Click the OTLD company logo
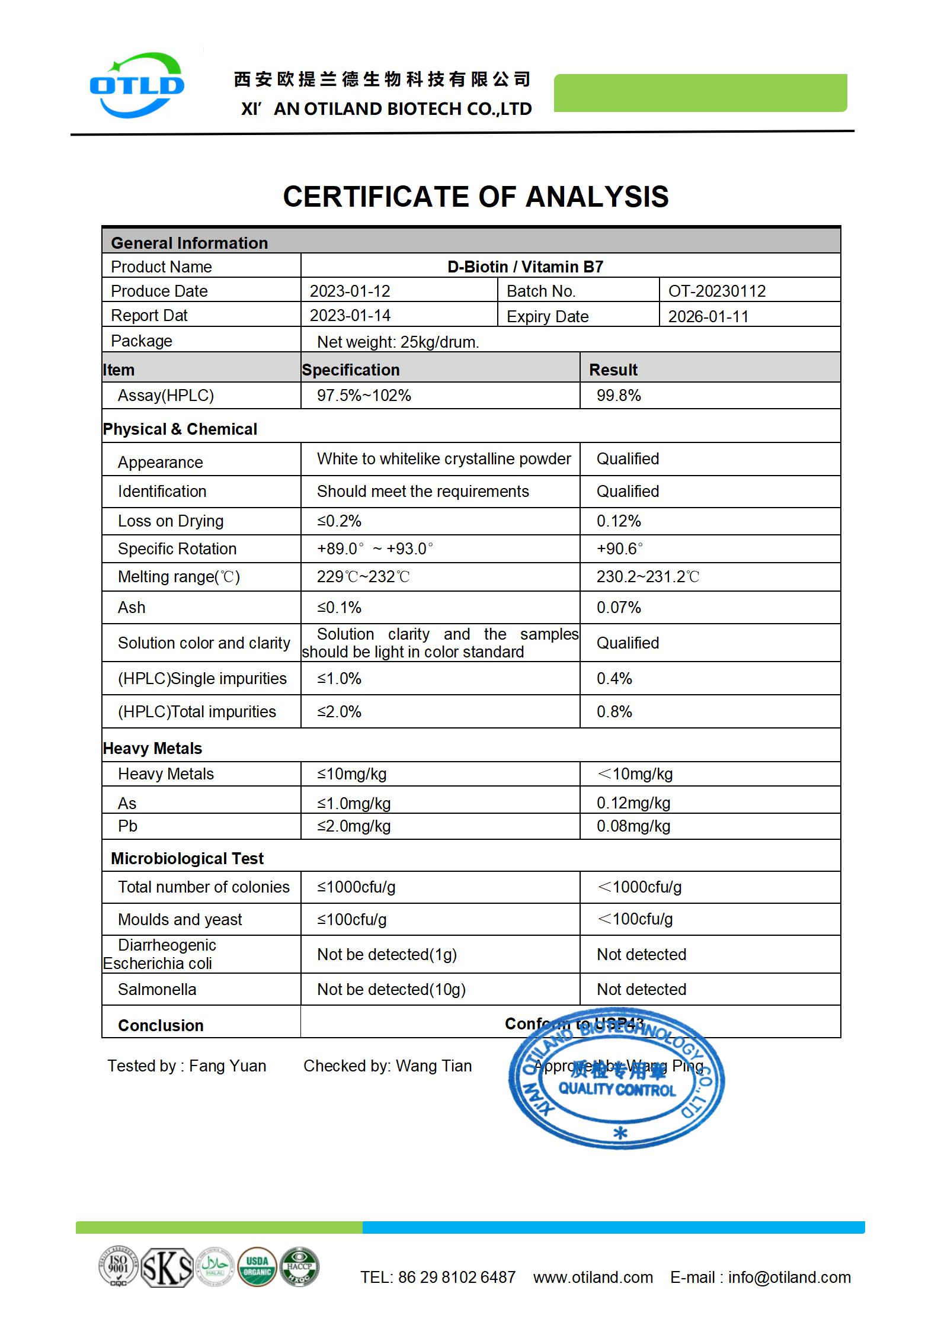pos(137,86)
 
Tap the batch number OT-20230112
pos(716,291)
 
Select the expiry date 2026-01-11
pos(708,316)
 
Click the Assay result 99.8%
pos(619,395)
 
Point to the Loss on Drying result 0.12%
pos(619,521)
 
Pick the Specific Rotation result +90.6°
pos(619,548)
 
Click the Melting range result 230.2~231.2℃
pos(648,576)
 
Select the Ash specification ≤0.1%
pos(339,607)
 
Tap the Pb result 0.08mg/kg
pos(633,826)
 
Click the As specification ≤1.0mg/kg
pos(354,803)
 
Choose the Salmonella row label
pos(157,989)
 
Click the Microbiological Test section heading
pos(187,858)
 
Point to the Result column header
pos(613,370)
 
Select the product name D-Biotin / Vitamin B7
pos(525,267)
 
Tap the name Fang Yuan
pos(228,1066)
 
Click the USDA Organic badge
pos(257,1266)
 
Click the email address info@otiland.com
pos(789,1277)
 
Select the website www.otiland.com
pos(593,1277)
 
